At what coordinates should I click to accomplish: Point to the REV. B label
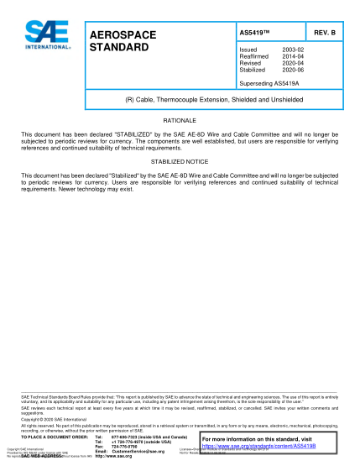324,32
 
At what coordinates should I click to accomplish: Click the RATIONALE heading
179,122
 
